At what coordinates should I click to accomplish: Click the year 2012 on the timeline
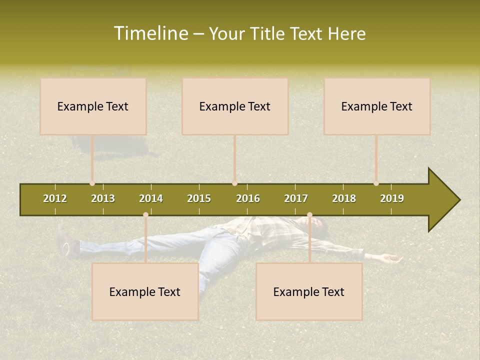pos(55,198)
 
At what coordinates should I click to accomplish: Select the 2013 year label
pos(103,198)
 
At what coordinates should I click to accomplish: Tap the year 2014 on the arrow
pos(151,198)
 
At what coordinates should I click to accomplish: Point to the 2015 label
pos(199,198)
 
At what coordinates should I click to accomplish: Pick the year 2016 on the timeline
pos(248,198)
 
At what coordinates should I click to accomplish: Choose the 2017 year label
pos(296,198)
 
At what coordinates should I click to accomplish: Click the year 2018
pos(344,198)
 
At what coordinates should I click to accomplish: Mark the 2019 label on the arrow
pos(392,198)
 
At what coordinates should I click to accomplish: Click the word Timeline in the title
pos(150,33)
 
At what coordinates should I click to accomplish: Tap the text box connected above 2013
pos(93,106)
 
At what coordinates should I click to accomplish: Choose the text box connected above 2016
pos(235,106)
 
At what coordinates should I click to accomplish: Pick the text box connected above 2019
pos(377,106)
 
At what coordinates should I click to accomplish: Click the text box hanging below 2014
pos(145,291)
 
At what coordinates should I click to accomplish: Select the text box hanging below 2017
pos(309,291)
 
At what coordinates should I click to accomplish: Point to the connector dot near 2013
pos(92,183)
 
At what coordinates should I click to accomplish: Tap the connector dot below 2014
pos(145,215)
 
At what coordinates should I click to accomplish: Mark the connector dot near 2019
pos(376,183)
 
